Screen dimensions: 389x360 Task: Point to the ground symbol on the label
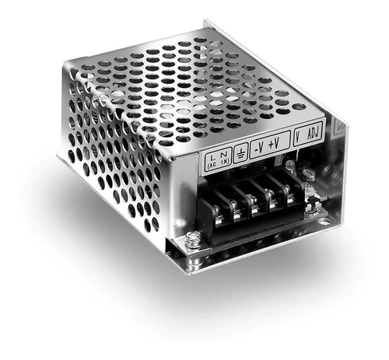point(240,154)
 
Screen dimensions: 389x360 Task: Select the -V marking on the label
point(259,148)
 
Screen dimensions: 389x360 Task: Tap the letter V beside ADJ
point(298,137)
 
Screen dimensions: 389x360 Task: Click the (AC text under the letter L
point(212,165)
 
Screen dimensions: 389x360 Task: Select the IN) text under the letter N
point(225,162)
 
